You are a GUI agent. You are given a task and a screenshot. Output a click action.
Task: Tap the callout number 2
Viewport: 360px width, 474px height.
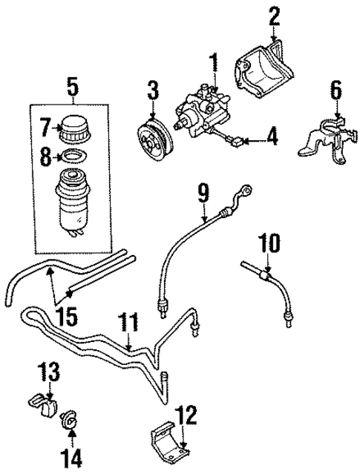pyautogui.click(x=275, y=15)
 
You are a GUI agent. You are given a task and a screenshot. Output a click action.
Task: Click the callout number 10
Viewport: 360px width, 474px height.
pyautogui.click(x=266, y=243)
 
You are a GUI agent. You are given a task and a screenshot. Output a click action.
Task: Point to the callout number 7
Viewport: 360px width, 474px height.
pyautogui.click(x=45, y=130)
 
